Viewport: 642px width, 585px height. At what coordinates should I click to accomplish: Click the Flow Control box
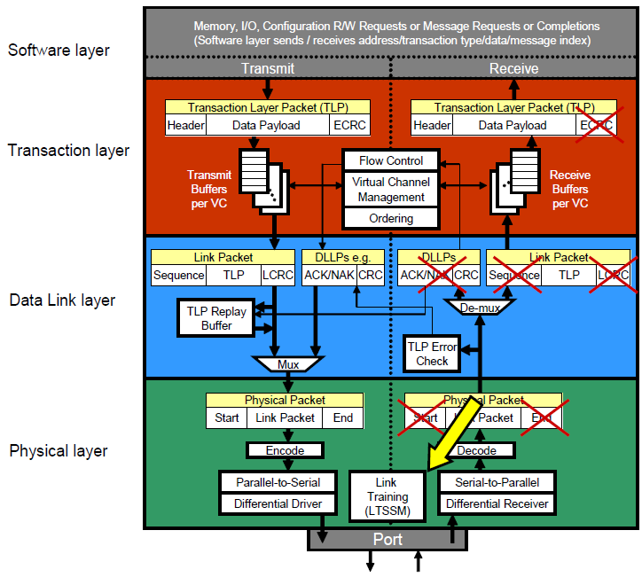click(391, 161)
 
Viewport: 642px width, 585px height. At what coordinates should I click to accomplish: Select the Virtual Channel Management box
click(391, 190)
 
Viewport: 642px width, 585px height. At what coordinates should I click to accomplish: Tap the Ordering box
click(391, 218)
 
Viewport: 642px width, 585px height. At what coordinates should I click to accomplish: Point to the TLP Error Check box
click(432, 353)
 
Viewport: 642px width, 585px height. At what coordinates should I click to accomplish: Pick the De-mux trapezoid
click(480, 308)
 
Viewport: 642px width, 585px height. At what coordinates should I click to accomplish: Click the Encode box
click(285, 450)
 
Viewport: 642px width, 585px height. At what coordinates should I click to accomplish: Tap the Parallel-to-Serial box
click(278, 482)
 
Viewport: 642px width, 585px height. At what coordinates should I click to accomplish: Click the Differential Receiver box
click(497, 503)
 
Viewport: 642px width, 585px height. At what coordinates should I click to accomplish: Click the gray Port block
click(388, 539)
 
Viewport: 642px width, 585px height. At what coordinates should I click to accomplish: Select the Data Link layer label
click(62, 300)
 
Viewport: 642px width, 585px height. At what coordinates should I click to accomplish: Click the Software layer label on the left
click(59, 50)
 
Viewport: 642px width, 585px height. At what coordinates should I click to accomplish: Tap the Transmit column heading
click(267, 68)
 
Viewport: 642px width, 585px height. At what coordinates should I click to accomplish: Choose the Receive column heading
click(514, 68)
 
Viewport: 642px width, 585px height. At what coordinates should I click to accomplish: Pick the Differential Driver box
click(278, 503)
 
